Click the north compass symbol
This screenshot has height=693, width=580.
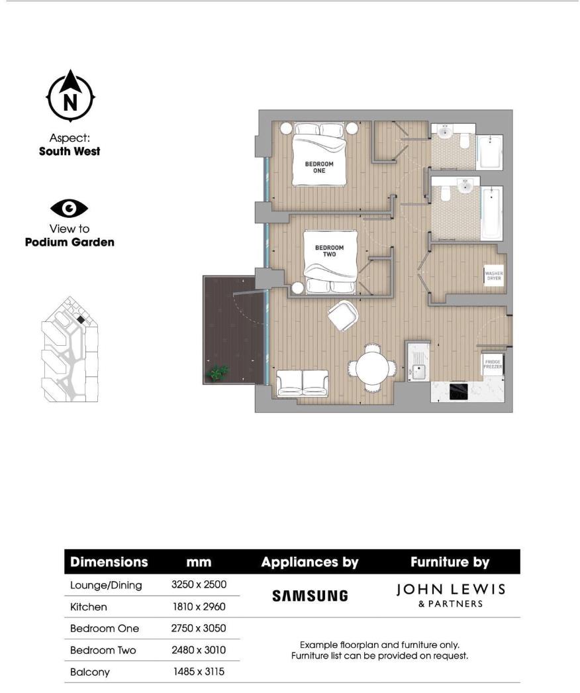click(x=70, y=97)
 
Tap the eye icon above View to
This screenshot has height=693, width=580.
click(x=70, y=209)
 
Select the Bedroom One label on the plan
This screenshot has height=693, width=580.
click(x=319, y=167)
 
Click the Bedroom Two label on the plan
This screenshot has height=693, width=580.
click(x=329, y=251)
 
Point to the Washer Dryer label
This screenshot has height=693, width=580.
click(x=493, y=276)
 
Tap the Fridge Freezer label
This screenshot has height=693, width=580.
click(x=492, y=364)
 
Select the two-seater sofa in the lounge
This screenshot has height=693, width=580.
click(x=303, y=382)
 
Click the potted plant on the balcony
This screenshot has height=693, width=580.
click(x=216, y=373)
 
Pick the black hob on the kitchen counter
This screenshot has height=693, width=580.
click(x=460, y=392)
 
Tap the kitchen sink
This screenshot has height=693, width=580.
click(x=418, y=370)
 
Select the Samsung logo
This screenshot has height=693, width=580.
click(x=310, y=596)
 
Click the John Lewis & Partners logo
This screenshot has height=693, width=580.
click(x=450, y=595)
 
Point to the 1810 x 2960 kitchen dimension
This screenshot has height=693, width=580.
click(x=199, y=607)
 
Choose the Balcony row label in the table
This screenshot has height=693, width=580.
click(x=90, y=672)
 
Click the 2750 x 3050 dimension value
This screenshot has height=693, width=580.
click(x=199, y=628)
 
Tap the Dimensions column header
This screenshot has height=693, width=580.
click(x=109, y=562)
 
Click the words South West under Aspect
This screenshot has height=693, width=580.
click(x=70, y=151)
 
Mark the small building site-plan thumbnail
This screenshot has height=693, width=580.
click(x=70, y=351)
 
